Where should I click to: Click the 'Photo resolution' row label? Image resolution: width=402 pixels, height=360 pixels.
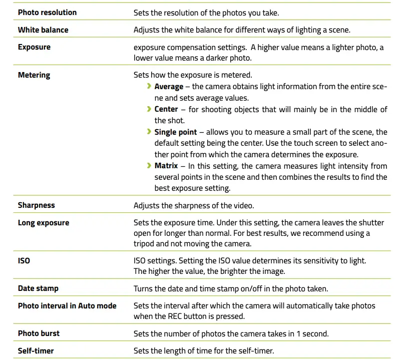(x=47, y=12)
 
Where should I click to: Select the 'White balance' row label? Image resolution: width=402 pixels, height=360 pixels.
(x=43, y=30)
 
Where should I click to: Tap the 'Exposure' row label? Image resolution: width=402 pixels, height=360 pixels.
(x=34, y=47)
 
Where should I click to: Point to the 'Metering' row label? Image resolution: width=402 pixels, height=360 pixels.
(x=34, y=75)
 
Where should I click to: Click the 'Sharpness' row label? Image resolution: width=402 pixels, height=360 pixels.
(x=37, y=205)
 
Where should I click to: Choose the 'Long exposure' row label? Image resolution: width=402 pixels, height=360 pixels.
(x=44, y=223)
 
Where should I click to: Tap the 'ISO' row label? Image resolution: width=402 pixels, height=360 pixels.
(x=24, y=261)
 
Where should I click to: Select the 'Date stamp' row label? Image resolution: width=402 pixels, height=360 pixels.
(x=38, y=288)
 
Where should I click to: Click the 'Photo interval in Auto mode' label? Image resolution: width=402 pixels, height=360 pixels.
(x=67, y=306)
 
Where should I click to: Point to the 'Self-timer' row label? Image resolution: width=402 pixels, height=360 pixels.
(x=36, y=351)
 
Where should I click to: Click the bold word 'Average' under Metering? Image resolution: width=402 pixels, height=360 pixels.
(x=169, y=87)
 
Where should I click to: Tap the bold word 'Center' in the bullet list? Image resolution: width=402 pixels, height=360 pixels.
(x=166, y=109)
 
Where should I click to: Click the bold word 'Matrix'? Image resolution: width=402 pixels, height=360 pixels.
(x=166, y=166)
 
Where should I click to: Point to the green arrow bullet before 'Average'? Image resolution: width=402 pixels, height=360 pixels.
(x=149, y=87)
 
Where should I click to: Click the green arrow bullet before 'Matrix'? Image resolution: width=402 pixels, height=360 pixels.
(x=149, y=166)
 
